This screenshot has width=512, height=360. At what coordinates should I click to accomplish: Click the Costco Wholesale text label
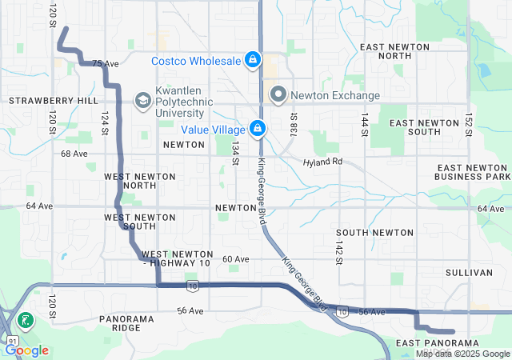tap(196, 61)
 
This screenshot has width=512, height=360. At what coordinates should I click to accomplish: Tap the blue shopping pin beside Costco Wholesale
tap(253, 59)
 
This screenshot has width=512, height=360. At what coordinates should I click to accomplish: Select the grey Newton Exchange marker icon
tap(278, 95)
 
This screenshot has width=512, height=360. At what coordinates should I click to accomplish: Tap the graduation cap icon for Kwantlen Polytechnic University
tap(142, 100)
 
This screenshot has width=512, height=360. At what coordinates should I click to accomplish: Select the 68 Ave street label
tap(74, 153)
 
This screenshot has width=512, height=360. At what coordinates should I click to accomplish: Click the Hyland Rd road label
tap(322, 162)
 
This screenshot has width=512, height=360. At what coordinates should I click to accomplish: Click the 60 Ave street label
tap(236, 259)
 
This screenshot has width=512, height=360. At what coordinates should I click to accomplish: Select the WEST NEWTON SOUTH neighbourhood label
tap(130, 222)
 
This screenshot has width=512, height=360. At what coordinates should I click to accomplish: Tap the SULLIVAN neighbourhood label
tap(470, 273)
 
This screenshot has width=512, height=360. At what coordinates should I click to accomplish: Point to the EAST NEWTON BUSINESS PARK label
tap(472, 171)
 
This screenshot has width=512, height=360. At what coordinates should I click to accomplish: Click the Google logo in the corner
tap(27, 350)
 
